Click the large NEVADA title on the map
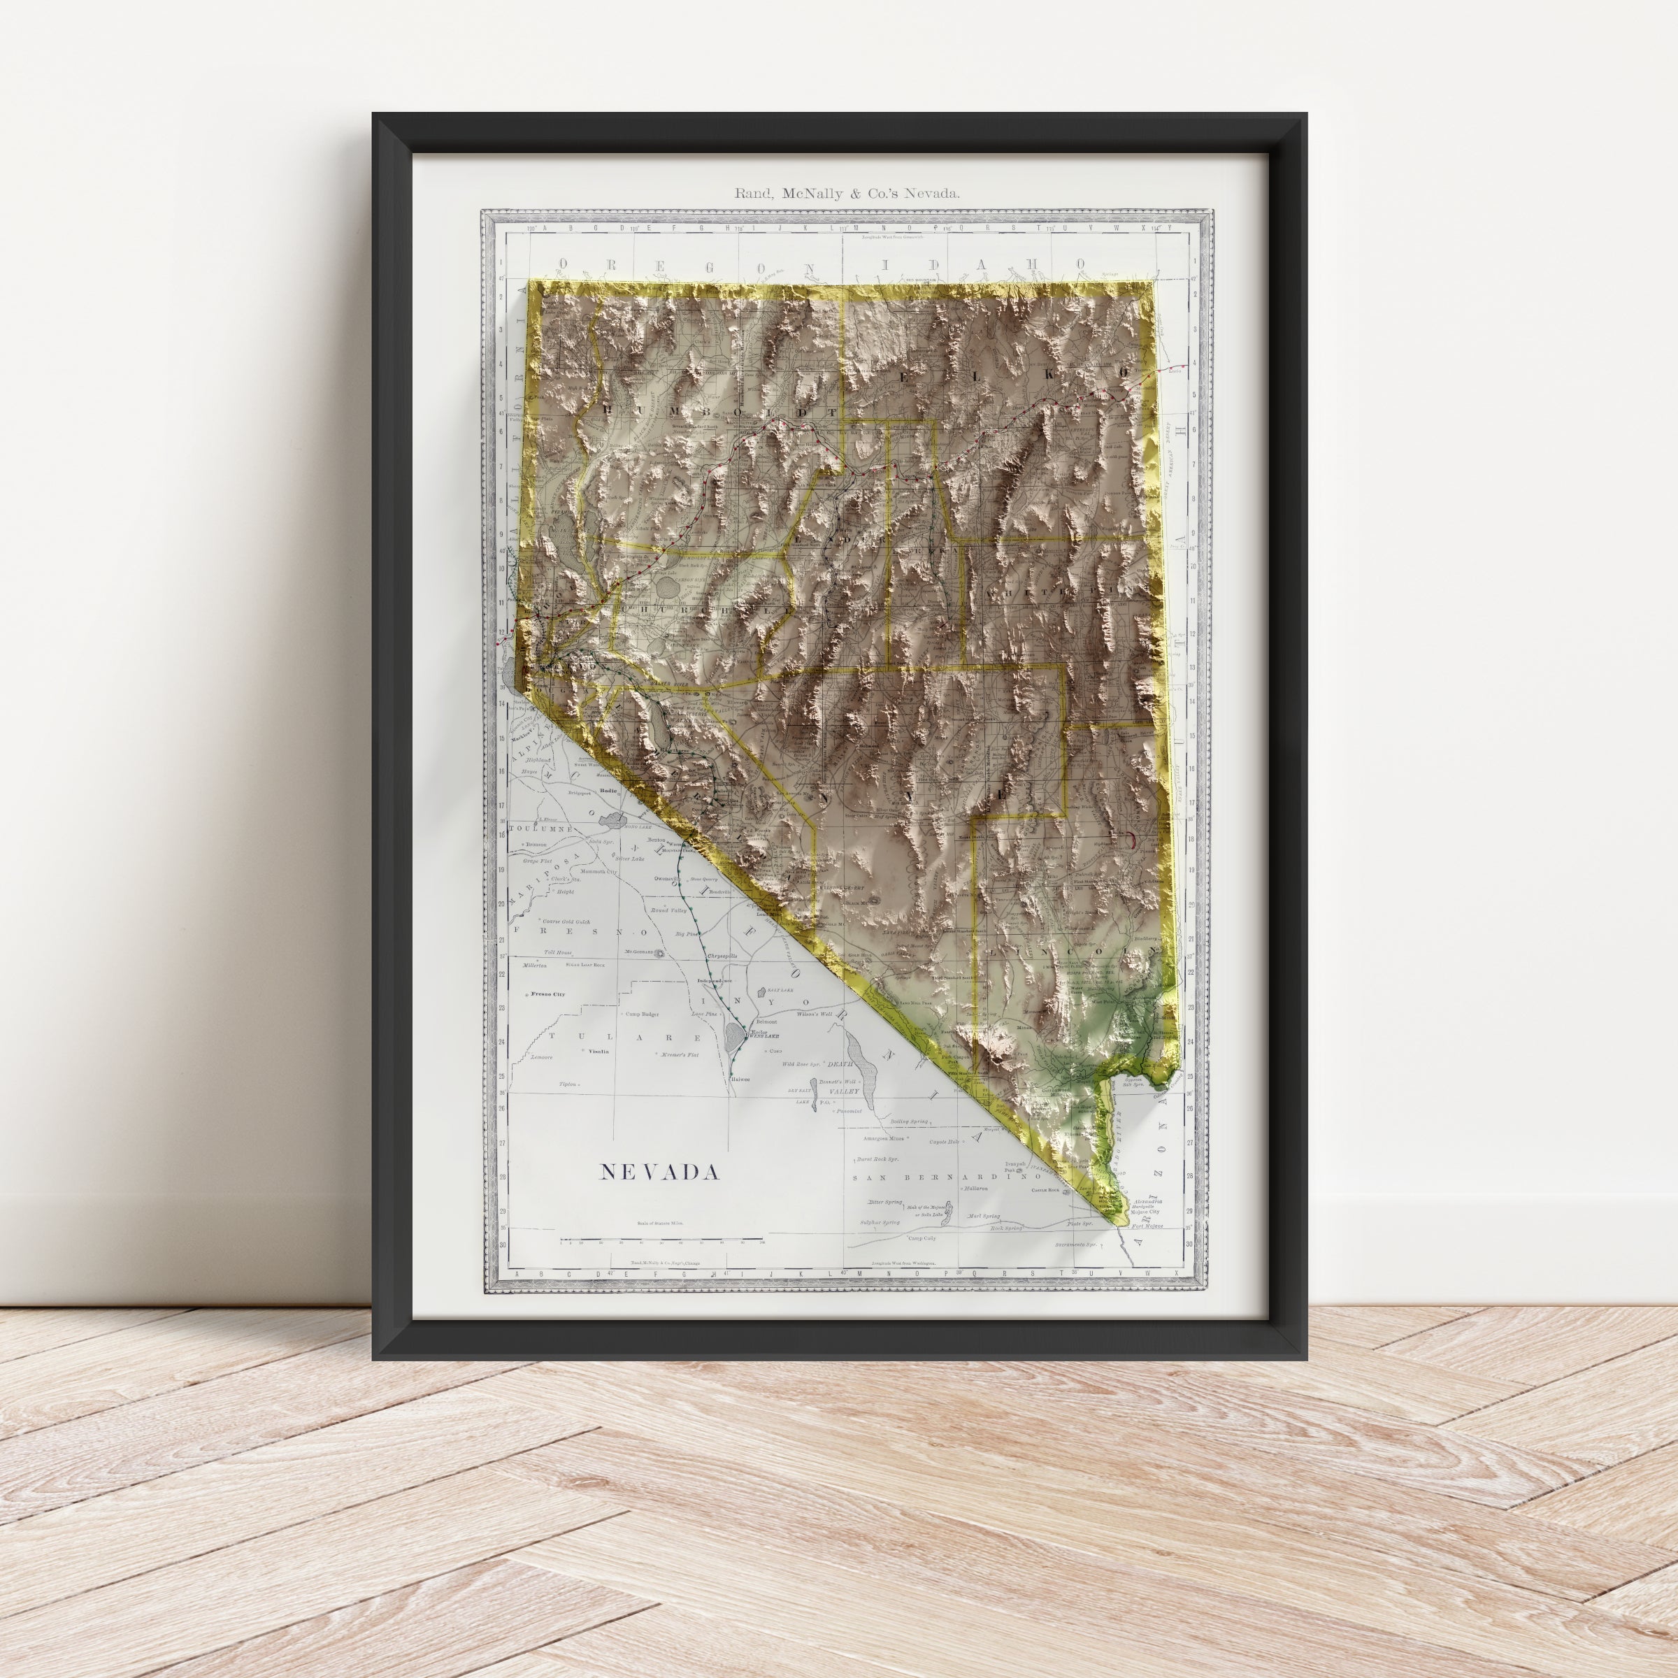[x=659, y=1173]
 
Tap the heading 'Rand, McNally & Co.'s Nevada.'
[x=847, y=194]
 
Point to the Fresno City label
[x=548, y=994]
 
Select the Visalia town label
[x=598, y=1051]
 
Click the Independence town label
[x=715, y=982]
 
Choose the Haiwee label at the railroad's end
[x=739, y=1080]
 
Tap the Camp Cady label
[x=921, y=1238]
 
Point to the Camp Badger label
[x=643, y=1014]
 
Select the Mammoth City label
[x=598, y=871]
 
